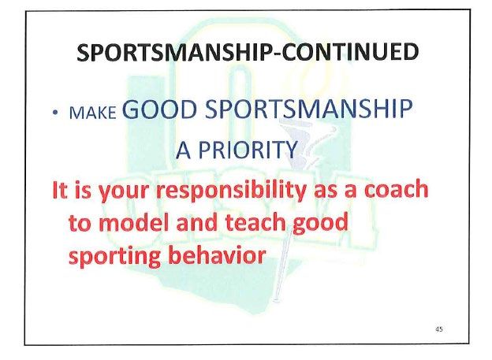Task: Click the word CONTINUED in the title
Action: tap(350, 52)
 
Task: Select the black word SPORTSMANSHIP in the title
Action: tap(175, 52)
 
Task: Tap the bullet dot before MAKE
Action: tap(55, 112)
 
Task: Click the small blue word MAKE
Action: tap(92, 113)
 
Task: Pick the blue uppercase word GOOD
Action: tap(159, 109)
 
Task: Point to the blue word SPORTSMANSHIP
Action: tap(309, 109)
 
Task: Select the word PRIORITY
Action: tap(248, 150)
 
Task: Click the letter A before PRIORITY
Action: tap(183, 150)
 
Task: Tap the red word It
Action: tap(60, 189)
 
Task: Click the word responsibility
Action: tap(231, 191)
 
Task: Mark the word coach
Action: tap(396, 189)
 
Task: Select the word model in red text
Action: tap(135, 222)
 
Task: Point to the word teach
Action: tap(255, 221)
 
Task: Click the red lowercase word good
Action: tap(320, 223)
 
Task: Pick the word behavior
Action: tap(217, 254)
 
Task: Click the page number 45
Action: tap(439, 329)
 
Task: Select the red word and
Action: tap(198, 221)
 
